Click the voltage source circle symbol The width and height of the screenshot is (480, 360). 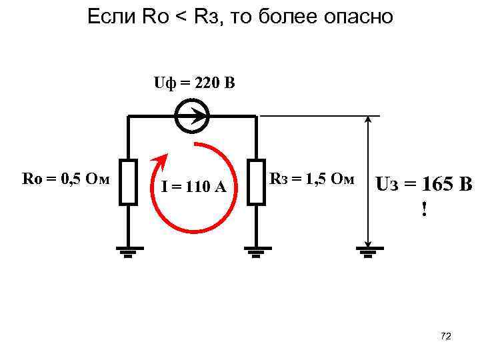coord(191,117)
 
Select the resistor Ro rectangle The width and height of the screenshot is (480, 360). coord(129,181)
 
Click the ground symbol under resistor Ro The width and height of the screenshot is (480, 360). coord(129,252)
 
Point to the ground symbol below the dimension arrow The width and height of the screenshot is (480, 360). coord(366,252)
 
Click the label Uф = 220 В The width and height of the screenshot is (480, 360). coord(194,84)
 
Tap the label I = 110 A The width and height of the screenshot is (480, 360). coord(194,187)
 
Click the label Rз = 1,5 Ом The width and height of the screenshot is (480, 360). coord(311,179)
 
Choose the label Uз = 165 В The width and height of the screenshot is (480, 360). coord(424,183)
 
